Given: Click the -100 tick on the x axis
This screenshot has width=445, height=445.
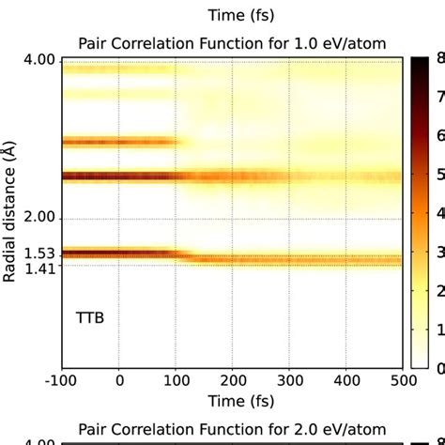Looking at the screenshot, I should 62,379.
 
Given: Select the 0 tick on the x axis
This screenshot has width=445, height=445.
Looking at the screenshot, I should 119,379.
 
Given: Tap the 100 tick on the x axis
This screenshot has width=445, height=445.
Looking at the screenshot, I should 176,379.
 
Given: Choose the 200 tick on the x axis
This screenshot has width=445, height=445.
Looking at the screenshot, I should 232,379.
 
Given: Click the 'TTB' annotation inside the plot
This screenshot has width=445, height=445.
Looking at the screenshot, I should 90,318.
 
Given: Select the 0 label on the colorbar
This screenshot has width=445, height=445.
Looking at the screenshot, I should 439,367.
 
